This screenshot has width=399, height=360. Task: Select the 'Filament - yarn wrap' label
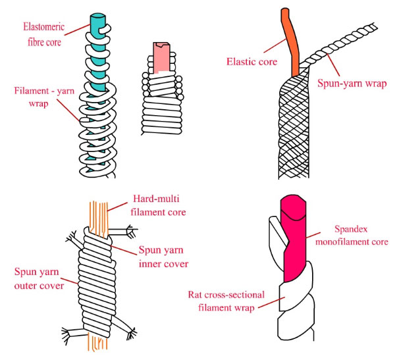pos(39,97)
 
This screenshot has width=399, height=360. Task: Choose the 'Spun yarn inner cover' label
pos(164,257)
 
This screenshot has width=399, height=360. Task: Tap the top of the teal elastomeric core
pos(96,18)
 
